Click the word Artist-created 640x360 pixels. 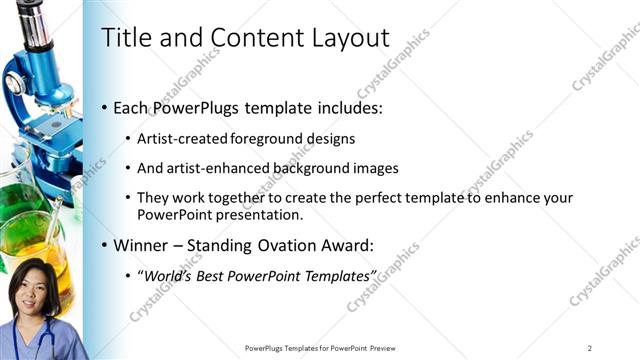point(178,138)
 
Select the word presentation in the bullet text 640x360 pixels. point(255,215)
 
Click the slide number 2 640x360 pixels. point(590,347)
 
